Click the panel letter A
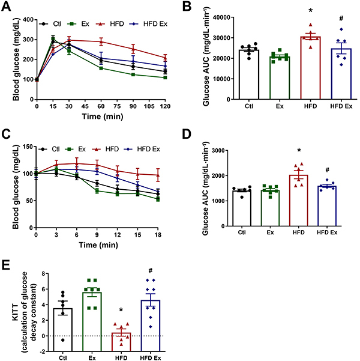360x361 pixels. pyautogui.click(x=7, y=7)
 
